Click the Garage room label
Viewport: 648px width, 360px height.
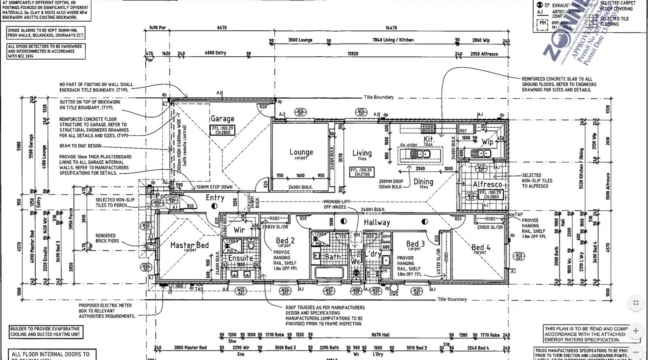[222, 118]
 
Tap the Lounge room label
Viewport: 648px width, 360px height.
[301, 152]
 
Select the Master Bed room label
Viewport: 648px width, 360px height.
[190, 245]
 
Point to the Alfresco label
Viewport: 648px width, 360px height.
[487, 184]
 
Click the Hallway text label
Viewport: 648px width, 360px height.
[376, 223]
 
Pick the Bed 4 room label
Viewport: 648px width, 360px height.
[481, 247]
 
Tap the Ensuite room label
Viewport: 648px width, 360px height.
[240, 258]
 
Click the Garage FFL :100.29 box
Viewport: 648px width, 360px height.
[222, 130]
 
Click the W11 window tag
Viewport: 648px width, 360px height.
[519, 256]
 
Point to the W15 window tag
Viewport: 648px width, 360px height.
[300, 112]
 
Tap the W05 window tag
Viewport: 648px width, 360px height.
[240, 291]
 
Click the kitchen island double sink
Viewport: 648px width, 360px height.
[420, 154]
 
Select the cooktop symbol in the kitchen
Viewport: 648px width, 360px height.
[428, 129]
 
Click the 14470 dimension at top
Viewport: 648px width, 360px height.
[391, 28]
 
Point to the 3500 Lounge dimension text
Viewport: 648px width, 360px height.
[300, 40]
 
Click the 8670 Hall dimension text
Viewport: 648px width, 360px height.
[380, 335]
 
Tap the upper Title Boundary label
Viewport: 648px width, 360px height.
[379, 97]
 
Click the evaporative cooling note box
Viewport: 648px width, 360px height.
[45, 331]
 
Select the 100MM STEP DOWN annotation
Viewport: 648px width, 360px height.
[214, 187]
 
